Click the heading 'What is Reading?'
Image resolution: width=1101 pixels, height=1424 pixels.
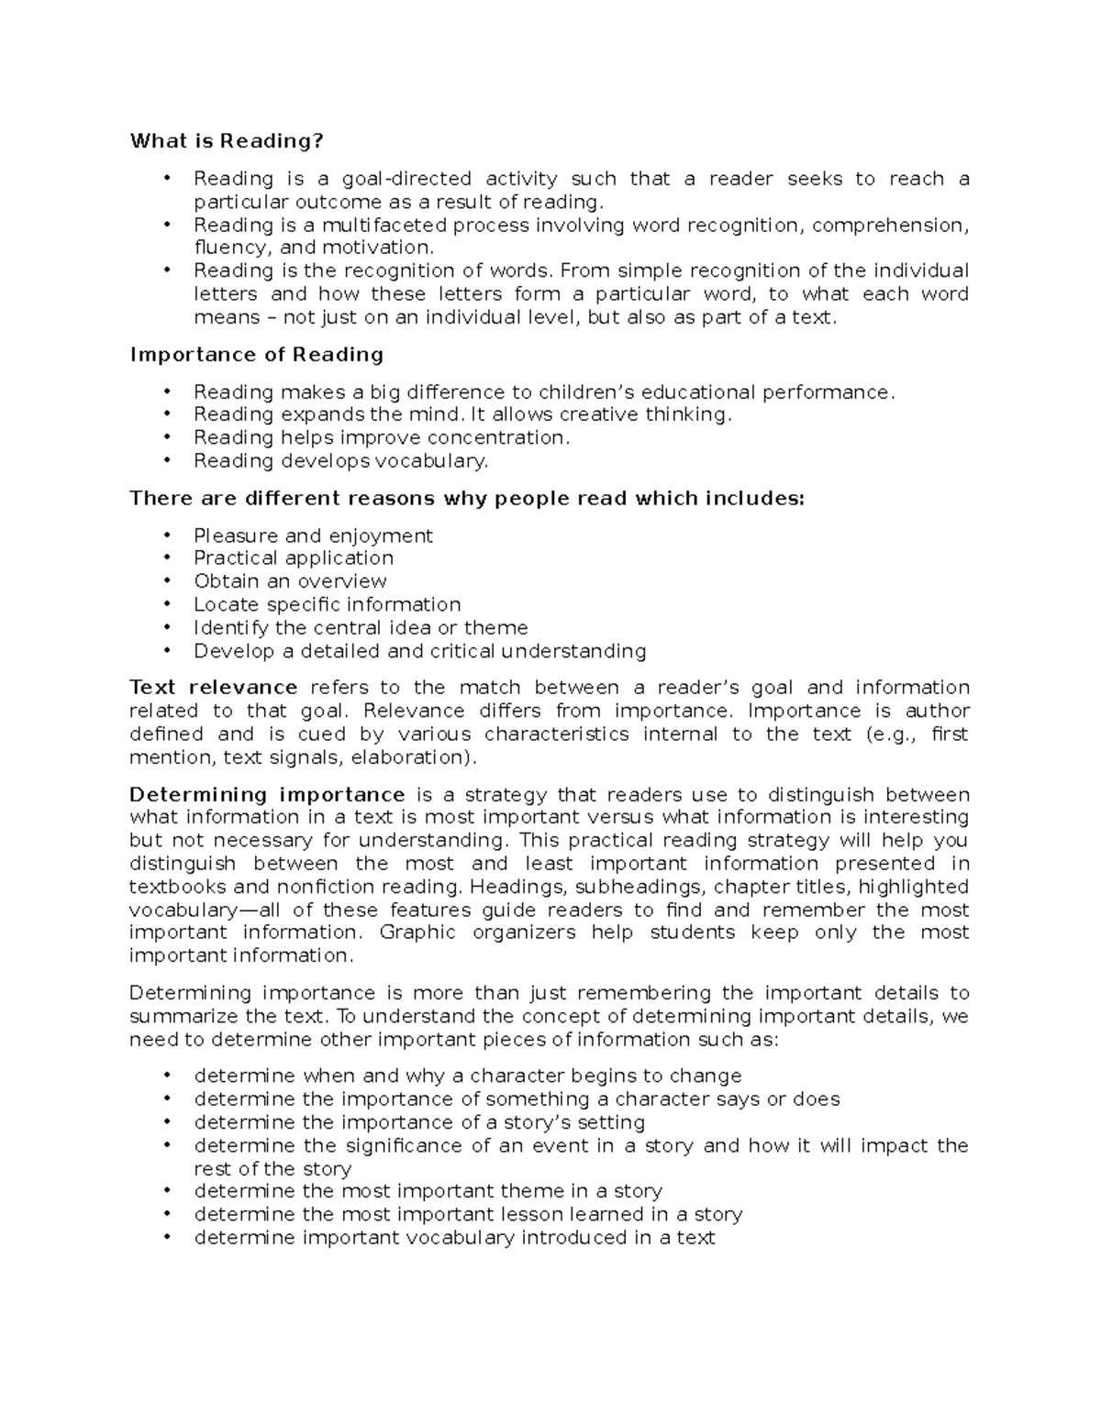coord(227,141)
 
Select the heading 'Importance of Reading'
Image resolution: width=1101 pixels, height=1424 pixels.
coord(257,355)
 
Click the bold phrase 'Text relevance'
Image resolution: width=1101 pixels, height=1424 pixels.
coord(213,688)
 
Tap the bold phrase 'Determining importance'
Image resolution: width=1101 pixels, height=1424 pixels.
coord(267,795)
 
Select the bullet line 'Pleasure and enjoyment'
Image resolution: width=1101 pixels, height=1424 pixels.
coord(313,535)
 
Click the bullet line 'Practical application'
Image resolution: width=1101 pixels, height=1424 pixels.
coord(294,558)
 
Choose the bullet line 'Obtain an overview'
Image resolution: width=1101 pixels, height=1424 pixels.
coord(290,581)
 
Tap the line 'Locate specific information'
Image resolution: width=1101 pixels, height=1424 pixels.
coord(327,604)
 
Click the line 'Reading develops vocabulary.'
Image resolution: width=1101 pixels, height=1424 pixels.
coord(340,461)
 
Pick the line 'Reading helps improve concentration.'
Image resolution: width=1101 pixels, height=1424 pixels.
coord(382,438)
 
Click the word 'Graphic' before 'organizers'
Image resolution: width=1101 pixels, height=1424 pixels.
coord(417,933)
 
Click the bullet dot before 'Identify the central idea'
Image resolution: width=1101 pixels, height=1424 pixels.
coord(166,627)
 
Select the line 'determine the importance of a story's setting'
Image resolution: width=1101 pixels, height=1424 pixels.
coord(419,1122)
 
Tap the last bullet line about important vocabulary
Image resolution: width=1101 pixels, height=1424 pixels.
coord(454,1238)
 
